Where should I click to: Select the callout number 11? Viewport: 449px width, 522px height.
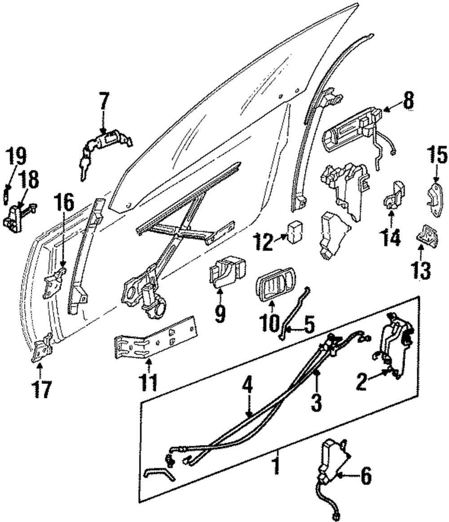(x=148, y=383)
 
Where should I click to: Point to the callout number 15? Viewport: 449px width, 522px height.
(x=437, y=155)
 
